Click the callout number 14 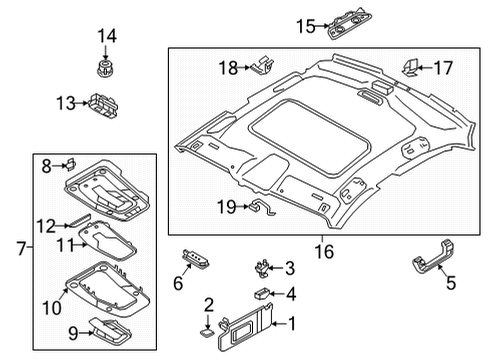coord(107,36)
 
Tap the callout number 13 coord(66,103)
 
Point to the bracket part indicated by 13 coord(103,105)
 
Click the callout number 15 coord(306,26)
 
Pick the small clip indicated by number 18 coord(264,65)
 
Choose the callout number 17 coord(443,68)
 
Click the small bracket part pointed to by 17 coord(410,67)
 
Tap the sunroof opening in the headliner coord(309,136)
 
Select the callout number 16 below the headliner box coord(324,252)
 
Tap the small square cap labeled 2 coord(207,333)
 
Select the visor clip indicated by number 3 coord(262,268)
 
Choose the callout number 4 coord(291,294)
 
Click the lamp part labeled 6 coord(196,259)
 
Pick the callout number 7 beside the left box coord(21,248)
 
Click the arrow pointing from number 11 coord(80,245)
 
